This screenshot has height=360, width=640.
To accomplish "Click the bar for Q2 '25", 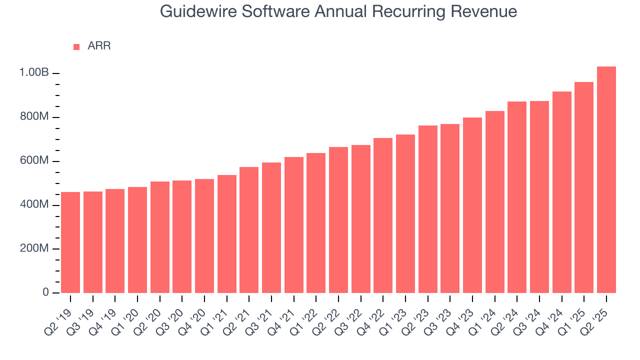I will (x=606, y=180).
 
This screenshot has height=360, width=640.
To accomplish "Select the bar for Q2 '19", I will (x=70, y=242).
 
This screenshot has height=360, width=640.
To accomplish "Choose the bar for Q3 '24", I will (x=539, y=197).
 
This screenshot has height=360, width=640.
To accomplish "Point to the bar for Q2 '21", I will (x=249, y=230).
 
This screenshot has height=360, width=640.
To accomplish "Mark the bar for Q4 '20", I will (x=204, y=236).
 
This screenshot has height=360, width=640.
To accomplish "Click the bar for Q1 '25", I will (x=583, y=187).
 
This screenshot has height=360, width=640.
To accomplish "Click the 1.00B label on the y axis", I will (x=34, y=73).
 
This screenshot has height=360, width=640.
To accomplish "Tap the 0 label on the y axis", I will (x=45, y=292).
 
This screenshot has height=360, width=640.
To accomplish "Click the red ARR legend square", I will (x=76, y=47).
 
